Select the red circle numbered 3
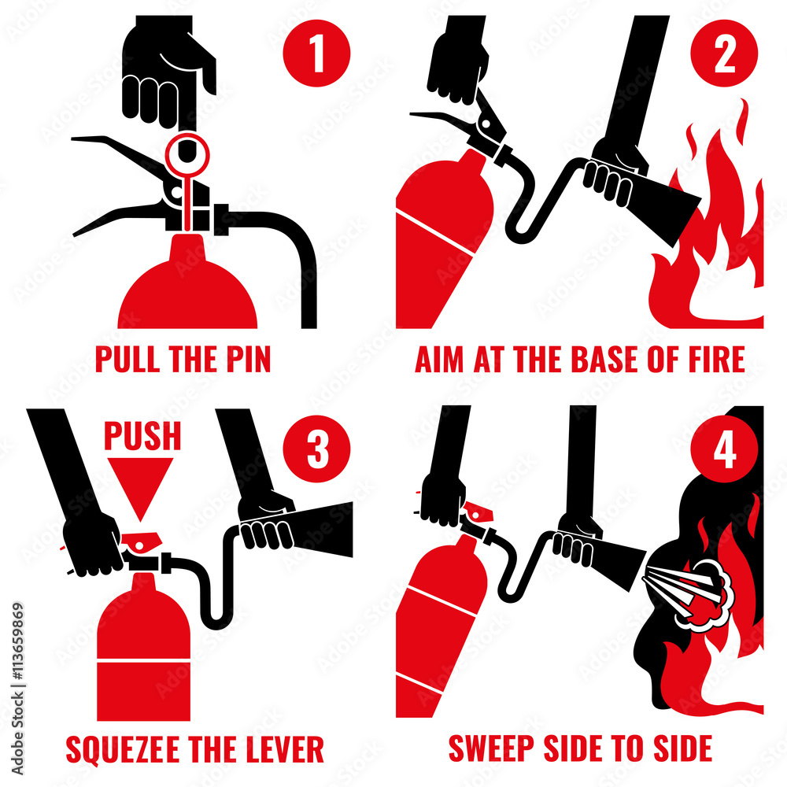coord(317,451)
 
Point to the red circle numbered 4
coord(724,451)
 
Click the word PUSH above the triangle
coord(142,436)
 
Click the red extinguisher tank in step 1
coord(187,291)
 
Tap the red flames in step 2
coord(712,236)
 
